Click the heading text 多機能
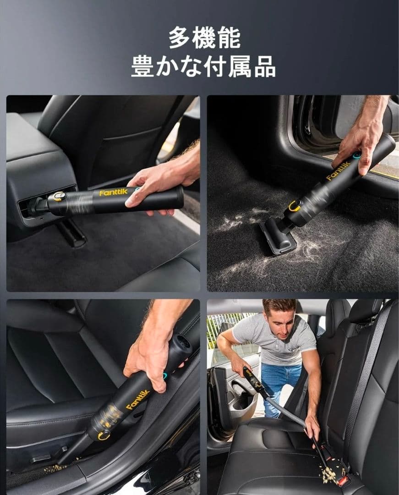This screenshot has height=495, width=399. pos(204,38)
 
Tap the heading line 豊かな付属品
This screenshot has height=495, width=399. pos(203,66)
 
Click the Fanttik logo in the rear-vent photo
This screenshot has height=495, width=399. pos(113,192)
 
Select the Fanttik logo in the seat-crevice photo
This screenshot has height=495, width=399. pos(138,399)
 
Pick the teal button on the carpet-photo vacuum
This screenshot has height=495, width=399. pos(356,156)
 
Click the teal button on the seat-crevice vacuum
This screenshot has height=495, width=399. pos(164,376)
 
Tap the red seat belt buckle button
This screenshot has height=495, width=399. pos(344,481)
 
